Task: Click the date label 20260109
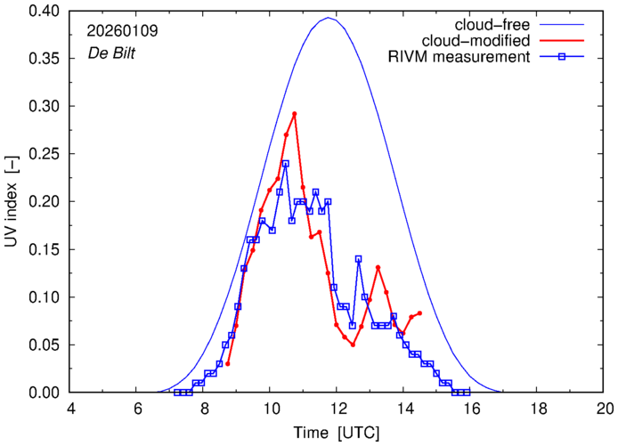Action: (x=122, y=29)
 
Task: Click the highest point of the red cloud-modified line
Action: (x=294, y=114)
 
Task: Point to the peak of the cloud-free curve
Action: (x=329, y=18)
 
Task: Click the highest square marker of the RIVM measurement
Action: (x=286, y=164)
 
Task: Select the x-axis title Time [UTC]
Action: (x=337, y=434)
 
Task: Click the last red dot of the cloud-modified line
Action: (x=419, y=313)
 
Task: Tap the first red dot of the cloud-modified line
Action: (x=229, y=363)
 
